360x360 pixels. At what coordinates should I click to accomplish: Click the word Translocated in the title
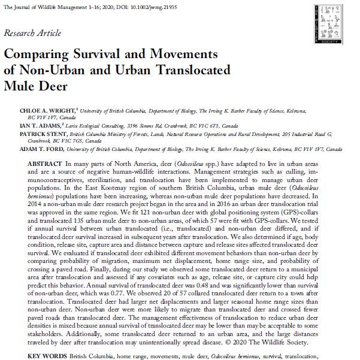(x=189, y=68)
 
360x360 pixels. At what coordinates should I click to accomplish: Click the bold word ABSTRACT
(x=46, y=164)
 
